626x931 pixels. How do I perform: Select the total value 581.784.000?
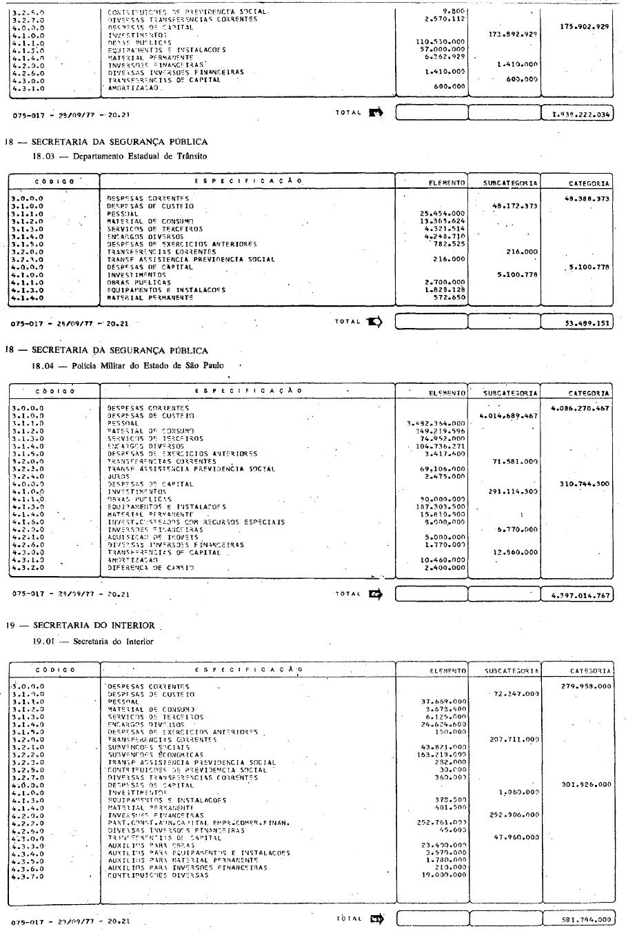(x=585, y=919)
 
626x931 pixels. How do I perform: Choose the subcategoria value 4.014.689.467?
(x=509, y=416)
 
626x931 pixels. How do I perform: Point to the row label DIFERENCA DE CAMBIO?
(x=150, y=568)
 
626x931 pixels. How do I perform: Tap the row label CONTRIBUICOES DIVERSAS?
(x=158, y=875)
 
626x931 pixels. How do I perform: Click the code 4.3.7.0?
(x=28, y=875)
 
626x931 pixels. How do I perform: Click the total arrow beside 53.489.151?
(x=375, y=322)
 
